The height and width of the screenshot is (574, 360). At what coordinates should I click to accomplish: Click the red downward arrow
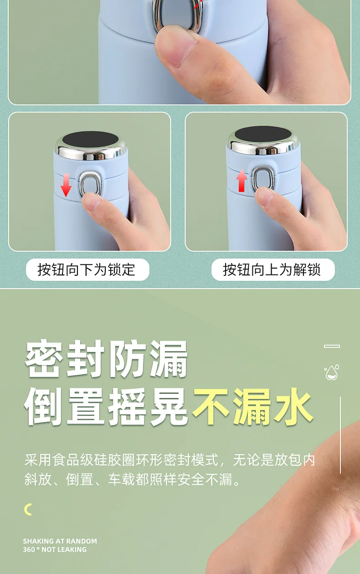[x=66, y=185]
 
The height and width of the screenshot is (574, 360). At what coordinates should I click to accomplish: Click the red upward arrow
[x=242, y=181]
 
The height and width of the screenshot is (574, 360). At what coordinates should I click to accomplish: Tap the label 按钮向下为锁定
[x=87, y=269]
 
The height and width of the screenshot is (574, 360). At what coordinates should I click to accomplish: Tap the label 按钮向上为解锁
[x=272, y=269]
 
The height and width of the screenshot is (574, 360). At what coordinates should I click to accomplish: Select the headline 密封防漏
[x=106, y=359]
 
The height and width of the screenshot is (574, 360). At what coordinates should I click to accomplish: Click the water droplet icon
[x=331, y=372]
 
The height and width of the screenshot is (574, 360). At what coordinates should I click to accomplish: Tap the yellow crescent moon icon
[x=28, y=509]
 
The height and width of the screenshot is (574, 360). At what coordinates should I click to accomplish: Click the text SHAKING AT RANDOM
[x=60, y=541]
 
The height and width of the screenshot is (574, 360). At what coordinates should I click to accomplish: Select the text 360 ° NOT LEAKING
[x=55, y=550]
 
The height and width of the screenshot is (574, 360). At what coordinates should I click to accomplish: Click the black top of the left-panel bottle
[x=90, y=140]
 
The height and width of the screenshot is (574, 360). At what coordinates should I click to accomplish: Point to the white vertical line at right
[x=340, y=435]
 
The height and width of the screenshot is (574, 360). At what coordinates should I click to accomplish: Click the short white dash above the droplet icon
[x=332, y=346]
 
